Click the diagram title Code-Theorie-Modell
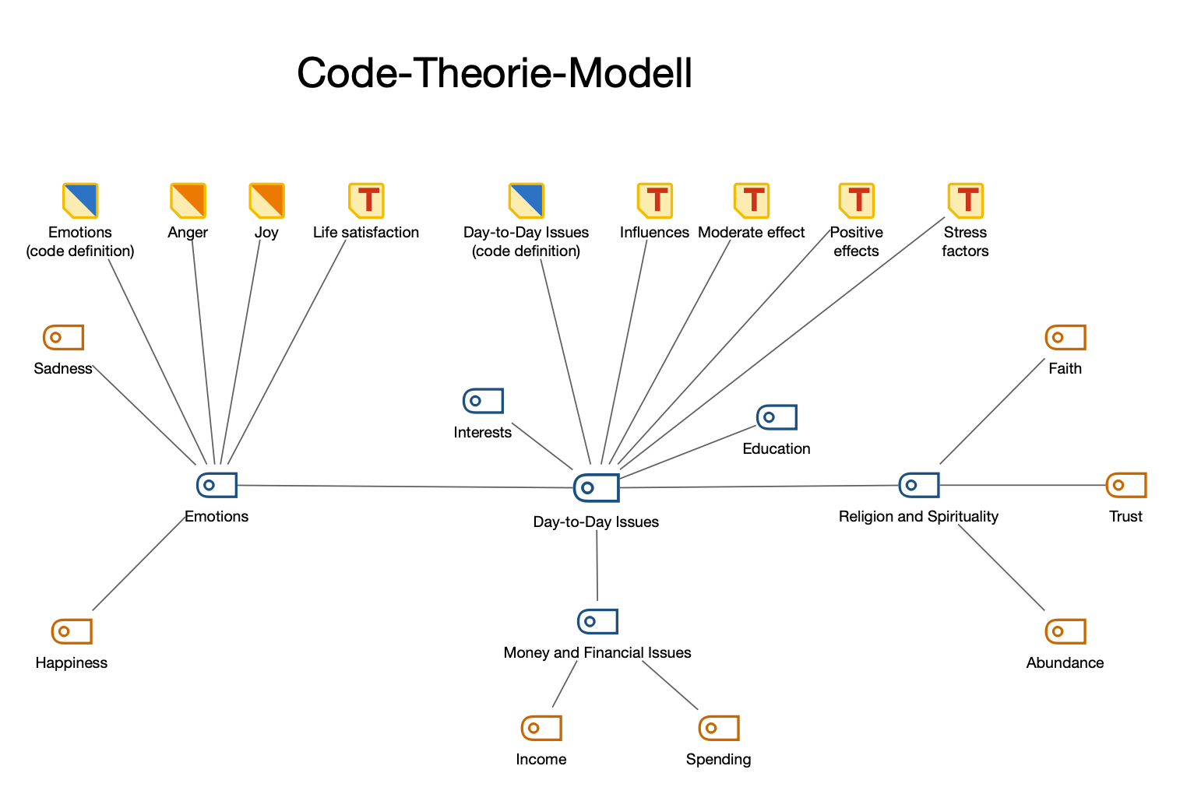pos(495,74)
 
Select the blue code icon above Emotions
pos(217,485)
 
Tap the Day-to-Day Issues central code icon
pos(596,487)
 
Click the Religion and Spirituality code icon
pos(918,485)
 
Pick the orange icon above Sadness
pos(63,337)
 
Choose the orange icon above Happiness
pos(72,631)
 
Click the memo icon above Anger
pos(188,201)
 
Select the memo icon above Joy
pos(266,201)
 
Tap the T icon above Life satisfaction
pos(366,201)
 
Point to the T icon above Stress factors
pos(965,201)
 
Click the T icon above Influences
pos(654,201)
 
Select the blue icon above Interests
pos(483,401)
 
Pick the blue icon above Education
pos(777,417)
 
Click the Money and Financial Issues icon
pos(597,621)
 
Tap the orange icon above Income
pos(541,728)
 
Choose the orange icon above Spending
pos(718,728)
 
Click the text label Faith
pos(1065,369)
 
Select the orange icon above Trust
pos(1125,485)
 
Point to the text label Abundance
pos(1065,663)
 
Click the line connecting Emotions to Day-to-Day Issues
pos(405,487)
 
